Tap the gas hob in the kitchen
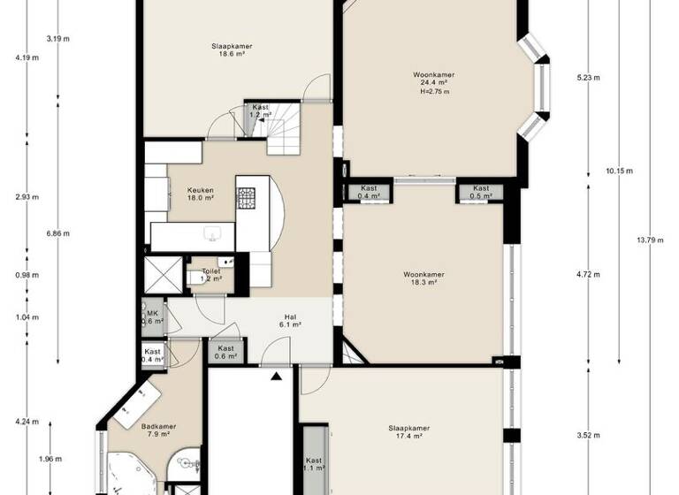[x=246, y=198]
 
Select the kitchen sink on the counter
[x=212, y=234]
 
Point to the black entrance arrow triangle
[x=277, y=376]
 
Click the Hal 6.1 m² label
[x=289, y=320]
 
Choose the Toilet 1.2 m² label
[x=210, y=275]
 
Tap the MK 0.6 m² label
[x=152, y=316]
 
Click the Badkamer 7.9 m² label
[x=158, y=430]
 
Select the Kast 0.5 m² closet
[x=480, y=192]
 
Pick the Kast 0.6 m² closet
[x=226, y=352]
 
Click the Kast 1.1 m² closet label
[x=314, y=464]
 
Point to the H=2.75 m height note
[x=435, y=92]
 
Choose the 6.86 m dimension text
[x=57, y=233]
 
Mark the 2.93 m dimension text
[x=27, y=196]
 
